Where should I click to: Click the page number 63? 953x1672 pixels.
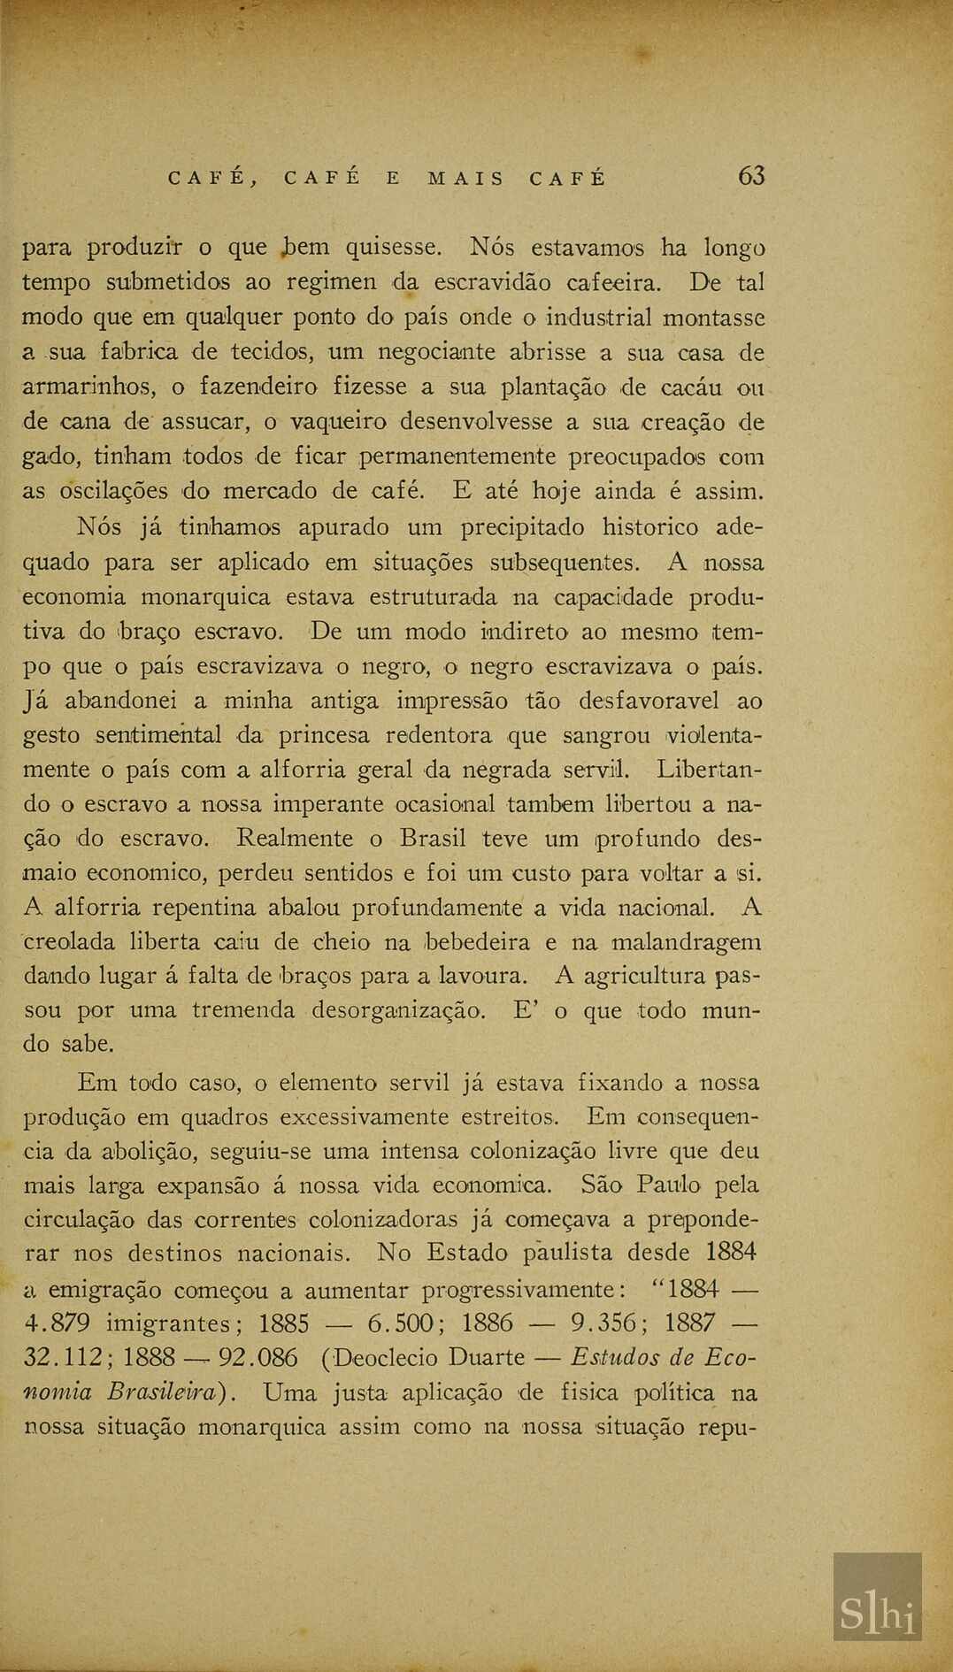750,177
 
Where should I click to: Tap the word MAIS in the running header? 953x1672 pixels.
465,179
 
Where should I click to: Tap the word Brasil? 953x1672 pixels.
433,838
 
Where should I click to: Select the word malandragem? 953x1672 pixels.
686,943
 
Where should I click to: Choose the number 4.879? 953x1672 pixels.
58,1323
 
